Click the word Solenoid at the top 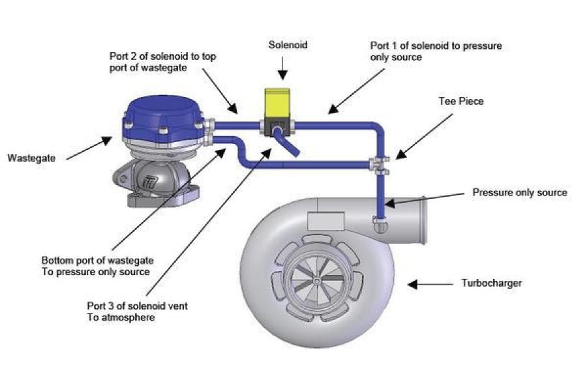point(288,46)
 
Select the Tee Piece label point(460,102)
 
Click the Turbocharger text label point(491,283)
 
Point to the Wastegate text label point(32,158)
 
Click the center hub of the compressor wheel point(316,281)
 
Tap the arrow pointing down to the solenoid point(282,68)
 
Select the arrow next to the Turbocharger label point(430,283)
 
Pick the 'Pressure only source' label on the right point(520,193)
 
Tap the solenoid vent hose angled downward point(286,143)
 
